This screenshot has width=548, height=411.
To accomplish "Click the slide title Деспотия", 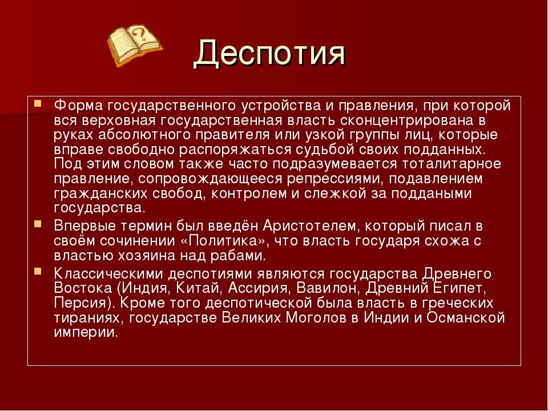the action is click(x=270, y=54).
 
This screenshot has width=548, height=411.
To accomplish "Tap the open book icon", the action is click(x=135, y=45).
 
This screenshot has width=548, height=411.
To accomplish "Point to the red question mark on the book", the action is click(x=140, y=34).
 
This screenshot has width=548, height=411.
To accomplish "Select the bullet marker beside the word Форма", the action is click(x=38, y=104).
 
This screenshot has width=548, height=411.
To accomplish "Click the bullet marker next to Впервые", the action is click(x=38, y=224).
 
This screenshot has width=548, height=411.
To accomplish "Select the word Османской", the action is click(x=466, y=318).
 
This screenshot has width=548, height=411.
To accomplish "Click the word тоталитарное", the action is click(x=452, y=164).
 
